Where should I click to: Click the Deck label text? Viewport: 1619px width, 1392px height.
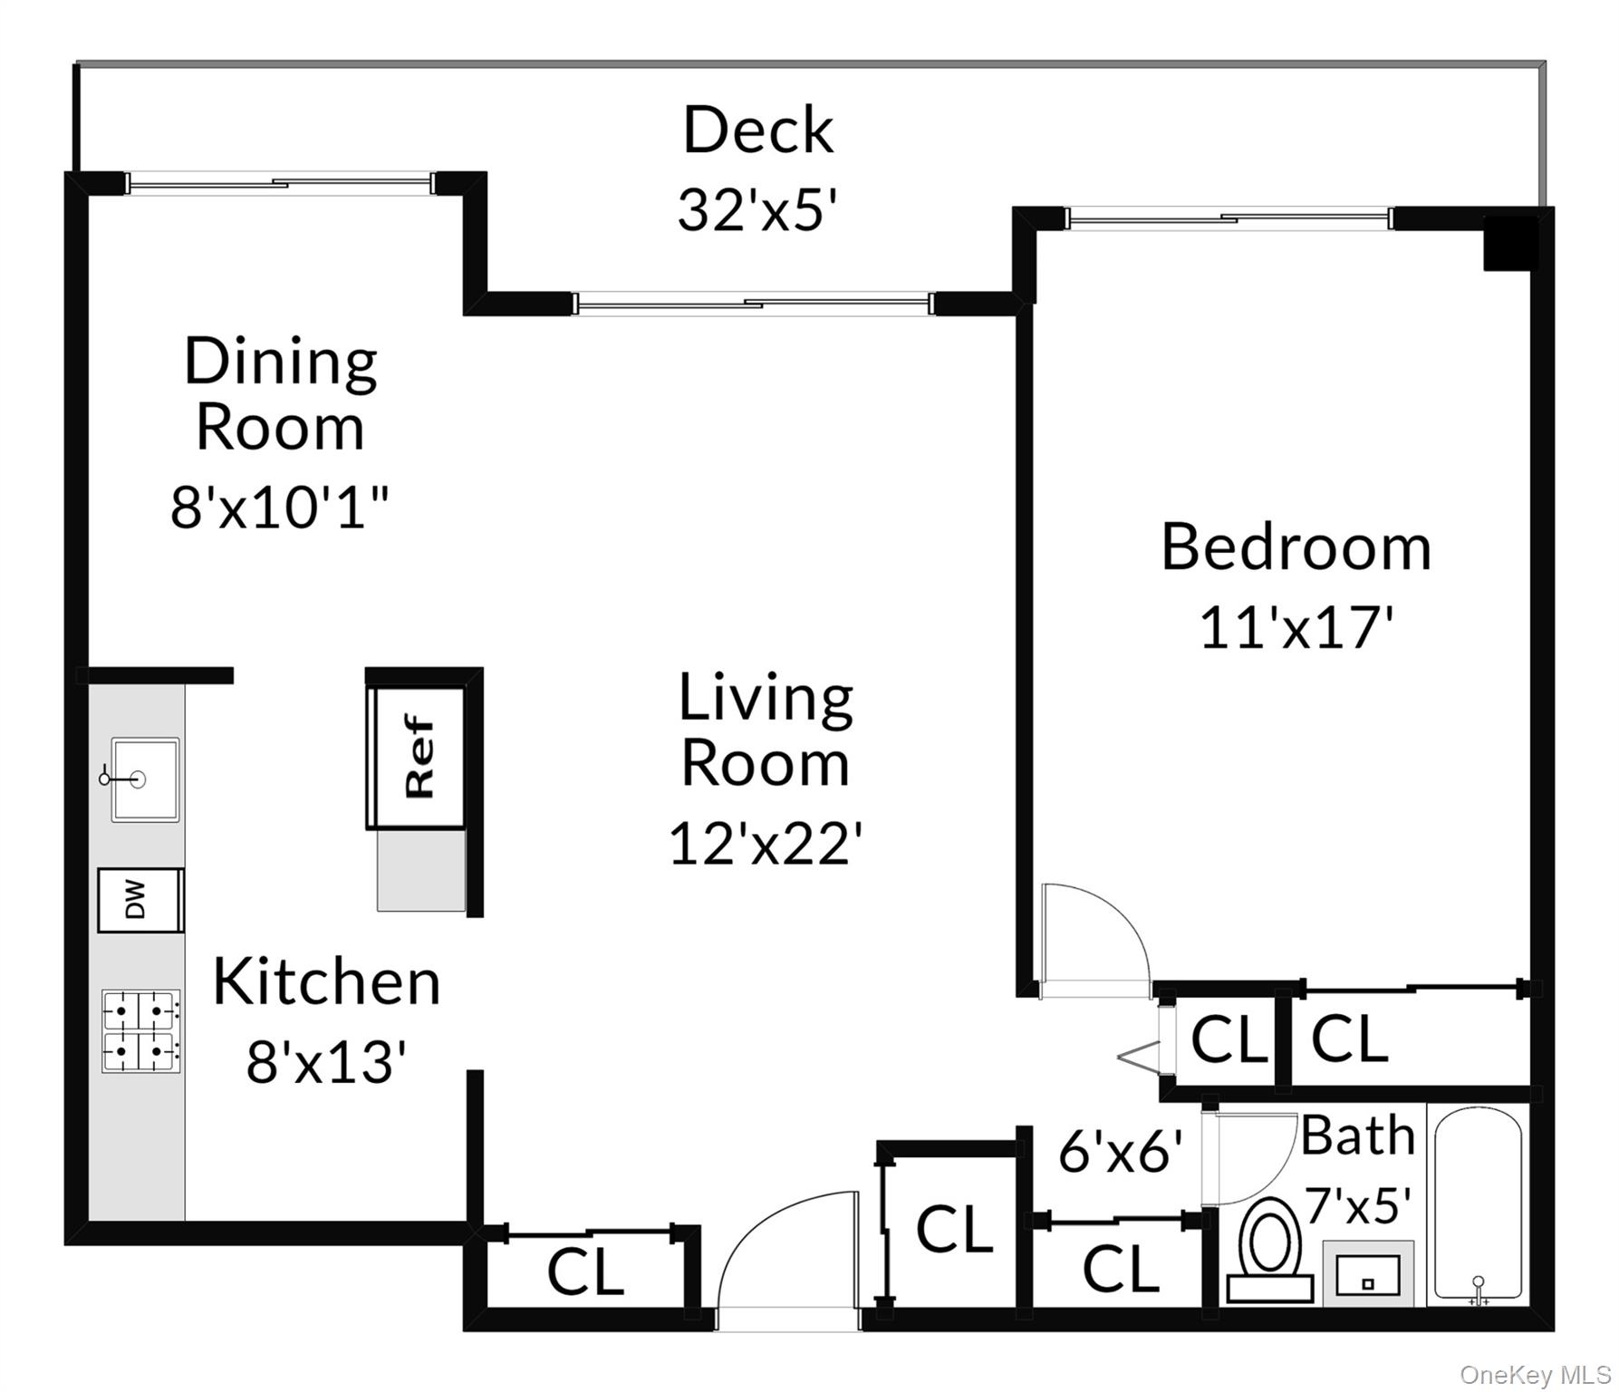point(757,130)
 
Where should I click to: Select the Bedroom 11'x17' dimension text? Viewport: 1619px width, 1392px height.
point(1295,627)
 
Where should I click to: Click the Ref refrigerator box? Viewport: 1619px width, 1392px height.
point(419,758)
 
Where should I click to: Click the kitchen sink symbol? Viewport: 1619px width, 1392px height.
point(144,779)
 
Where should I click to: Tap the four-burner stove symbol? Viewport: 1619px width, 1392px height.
point(140,1030)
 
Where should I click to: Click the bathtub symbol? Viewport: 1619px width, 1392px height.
point(1478,1204)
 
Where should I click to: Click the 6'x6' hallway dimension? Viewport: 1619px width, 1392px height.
point(1121,1152)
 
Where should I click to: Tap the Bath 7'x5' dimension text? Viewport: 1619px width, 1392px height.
point(1358,1205)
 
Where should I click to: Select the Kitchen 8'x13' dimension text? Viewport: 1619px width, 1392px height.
point(324,1061)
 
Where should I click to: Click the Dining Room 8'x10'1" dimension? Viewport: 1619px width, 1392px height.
point(281,507)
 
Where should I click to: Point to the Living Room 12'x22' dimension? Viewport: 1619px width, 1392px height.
point(764,844)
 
